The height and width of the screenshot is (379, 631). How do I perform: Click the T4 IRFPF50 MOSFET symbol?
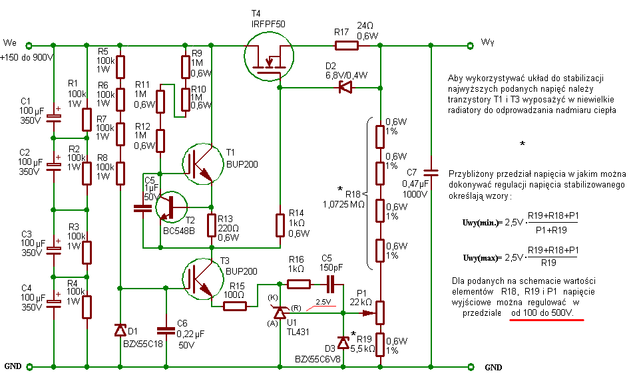(x=268, y=57)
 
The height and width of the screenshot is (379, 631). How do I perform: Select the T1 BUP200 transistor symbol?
(x=203, y=164)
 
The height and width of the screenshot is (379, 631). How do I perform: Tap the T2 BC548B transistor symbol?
(x=172, y=207)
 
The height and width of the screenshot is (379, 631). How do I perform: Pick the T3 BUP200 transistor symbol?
(x=203, y=278)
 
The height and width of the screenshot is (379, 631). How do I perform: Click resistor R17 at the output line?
(x=347, y=45)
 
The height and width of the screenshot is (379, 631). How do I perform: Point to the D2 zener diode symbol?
(x=345, y=87)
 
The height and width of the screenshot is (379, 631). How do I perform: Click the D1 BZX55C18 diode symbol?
(x=120, y=330)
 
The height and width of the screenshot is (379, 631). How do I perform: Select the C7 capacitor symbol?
(x=431, y=172)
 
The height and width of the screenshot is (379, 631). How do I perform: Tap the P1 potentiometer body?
(x=380, y=313)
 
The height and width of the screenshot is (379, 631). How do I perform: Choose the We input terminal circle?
(x=29, y=45)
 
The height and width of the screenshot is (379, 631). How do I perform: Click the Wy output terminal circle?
(x=471, y=45)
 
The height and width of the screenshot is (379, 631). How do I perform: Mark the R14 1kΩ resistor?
(x=280, y=225)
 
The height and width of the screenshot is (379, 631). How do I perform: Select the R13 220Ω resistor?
(x=212, y=225)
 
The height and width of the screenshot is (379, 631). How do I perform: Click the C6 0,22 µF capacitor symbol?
(x=165, y=330)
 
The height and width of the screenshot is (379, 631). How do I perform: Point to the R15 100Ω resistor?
(x=234, y=306)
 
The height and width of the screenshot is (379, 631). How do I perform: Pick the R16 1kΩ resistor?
(x=299, y=284)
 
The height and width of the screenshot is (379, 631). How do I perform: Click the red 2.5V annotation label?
(x=323, y=302)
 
